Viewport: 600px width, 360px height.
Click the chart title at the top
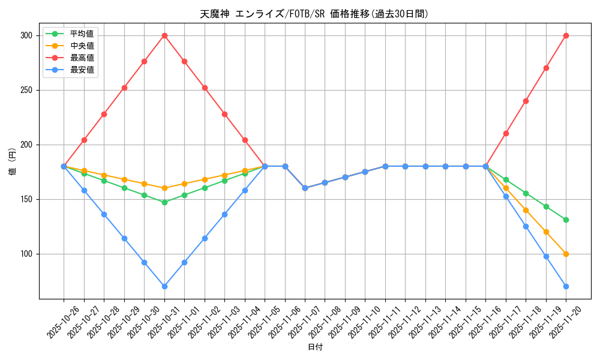(314, 14)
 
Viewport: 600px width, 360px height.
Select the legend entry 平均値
(82, 34)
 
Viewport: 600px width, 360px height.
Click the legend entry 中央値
(82, 46)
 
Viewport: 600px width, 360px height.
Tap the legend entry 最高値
(82, 58)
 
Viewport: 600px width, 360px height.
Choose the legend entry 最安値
(82, 70)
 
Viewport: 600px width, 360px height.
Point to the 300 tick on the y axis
(26, 35)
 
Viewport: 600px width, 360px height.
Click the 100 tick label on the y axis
(26, 254)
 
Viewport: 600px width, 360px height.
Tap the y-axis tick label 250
(26, 90)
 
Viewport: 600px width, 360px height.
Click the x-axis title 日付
(315, 347)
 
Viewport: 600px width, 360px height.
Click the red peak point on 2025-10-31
(164, 35)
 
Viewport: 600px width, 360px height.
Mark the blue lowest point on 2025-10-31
(164, 286)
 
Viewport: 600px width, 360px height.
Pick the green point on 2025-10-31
(164, 202)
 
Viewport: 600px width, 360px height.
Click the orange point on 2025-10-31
(164, 188)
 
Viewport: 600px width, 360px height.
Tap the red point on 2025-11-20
(566, 35)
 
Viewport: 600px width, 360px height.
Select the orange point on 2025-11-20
(566, 254)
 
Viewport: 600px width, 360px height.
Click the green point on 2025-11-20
(566, 220)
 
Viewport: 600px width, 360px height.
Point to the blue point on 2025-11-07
(305, 188)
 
